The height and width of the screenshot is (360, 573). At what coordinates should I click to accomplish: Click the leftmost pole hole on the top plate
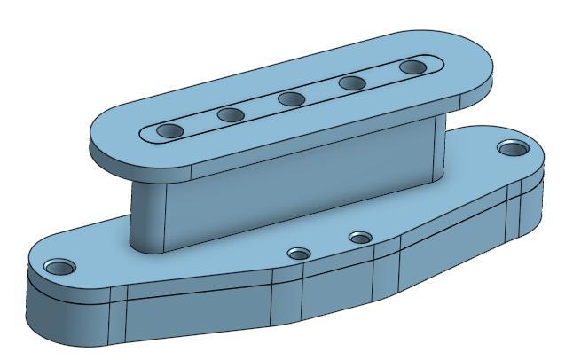coord(169,131)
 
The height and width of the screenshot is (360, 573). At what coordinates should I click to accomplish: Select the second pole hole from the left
coord(231,114)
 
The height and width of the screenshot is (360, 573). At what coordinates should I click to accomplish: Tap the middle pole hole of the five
coord(293,98)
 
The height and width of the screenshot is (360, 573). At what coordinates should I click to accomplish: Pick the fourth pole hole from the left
coord(353,82)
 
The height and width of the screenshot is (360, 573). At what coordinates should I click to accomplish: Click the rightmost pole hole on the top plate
coord(412,67)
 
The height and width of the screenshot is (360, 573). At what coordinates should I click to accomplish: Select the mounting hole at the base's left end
coord(60,266)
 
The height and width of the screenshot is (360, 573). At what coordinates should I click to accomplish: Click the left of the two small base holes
coord(300,254)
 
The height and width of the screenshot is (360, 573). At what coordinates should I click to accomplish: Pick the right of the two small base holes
coord(359,238)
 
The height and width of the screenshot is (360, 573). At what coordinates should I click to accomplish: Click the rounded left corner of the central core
coord(146,217)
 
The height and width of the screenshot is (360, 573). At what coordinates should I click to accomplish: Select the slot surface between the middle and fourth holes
coord(323,90)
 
